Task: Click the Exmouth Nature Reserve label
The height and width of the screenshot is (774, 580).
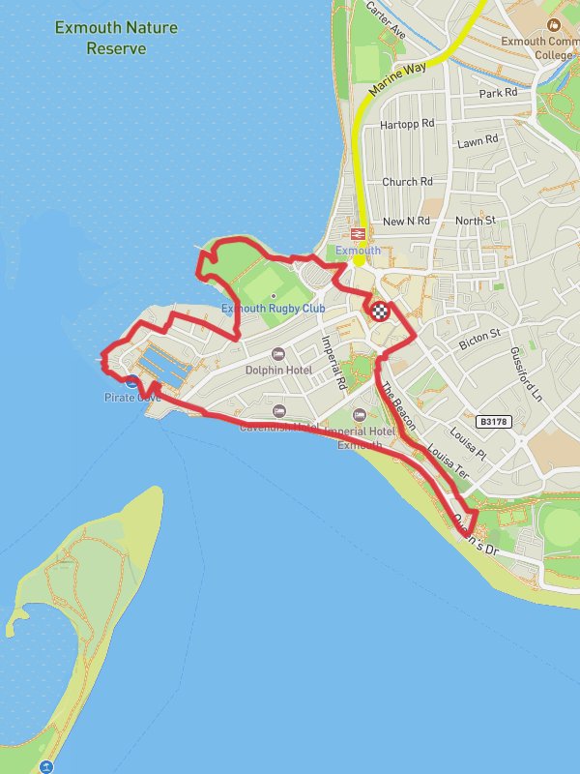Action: tap(116, 38)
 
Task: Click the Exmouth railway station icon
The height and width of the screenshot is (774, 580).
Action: tap(358, 234)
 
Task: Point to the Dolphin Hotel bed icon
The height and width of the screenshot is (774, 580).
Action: tap(278, 354)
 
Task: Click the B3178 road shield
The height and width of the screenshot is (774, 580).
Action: tap(492, 422)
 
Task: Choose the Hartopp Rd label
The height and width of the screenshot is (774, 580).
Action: tap(408, 124)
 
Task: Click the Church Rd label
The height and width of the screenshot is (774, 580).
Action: tap(407, 182)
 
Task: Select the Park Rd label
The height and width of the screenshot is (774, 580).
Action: tap(499, 94)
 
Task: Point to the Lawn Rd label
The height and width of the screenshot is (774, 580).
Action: tap(478, 141)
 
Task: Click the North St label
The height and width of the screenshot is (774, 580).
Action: tap(475, 221)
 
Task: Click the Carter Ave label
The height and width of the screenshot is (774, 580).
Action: tap(386, 19)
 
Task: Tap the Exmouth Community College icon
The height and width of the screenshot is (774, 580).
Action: tap(553, 24)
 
